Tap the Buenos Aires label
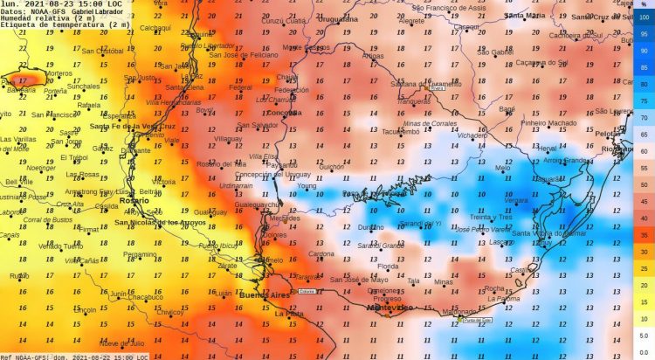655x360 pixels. (265, 297)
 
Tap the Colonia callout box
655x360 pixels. (306, 291)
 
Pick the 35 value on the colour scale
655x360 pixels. (643, 236)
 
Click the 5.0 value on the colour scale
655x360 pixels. (643, 336)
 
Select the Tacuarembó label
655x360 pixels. (401, 132)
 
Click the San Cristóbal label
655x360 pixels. (103, 51)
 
